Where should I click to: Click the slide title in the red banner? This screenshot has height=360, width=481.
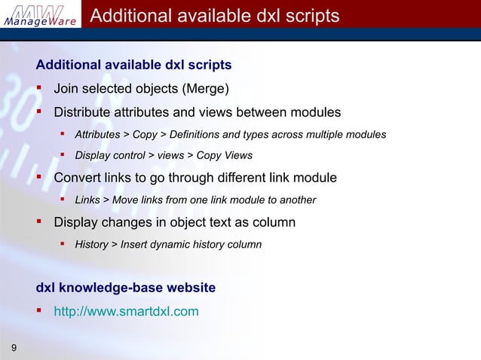coord(214,16)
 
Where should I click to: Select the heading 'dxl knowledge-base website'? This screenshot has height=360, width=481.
coord(126,288)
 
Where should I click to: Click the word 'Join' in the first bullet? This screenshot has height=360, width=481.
coord(66,89)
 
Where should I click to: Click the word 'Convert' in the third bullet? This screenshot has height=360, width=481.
coord(78,178)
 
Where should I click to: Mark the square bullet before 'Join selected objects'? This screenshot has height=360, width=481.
coord(40,89)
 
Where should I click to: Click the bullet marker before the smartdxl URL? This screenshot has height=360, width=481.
coord(40,309)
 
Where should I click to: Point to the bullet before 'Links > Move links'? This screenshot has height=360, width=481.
coord(63,200)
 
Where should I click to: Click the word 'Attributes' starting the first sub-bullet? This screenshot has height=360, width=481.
coord(97,135)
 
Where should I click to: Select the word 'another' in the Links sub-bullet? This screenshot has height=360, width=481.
coord(297,200)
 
